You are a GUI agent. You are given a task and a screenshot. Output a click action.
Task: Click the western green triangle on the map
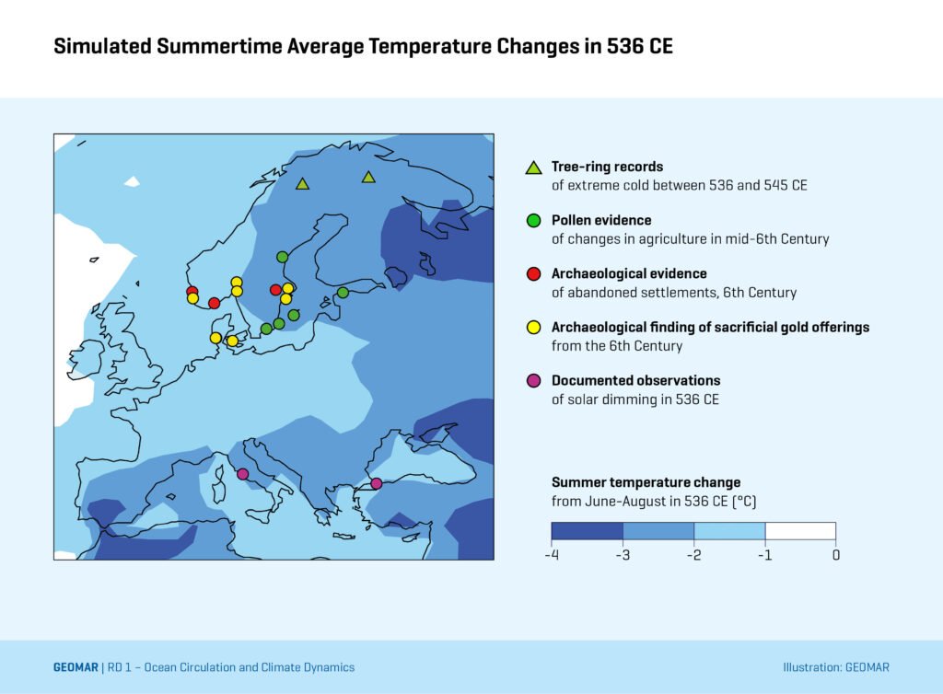pos(302,184)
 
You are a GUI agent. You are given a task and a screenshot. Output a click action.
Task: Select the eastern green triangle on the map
pos(368,177)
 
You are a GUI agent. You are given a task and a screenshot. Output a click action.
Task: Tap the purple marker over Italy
pos(242,474)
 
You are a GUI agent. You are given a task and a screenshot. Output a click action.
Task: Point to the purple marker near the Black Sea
pos(376,484)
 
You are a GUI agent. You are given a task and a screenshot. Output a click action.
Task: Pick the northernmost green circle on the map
pos(283,257)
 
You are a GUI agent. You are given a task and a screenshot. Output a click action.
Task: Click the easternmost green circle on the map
pos(343,293)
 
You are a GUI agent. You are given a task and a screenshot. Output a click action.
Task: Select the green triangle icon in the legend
pos(532,168)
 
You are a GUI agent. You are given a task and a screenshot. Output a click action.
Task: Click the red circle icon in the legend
pos(532,274)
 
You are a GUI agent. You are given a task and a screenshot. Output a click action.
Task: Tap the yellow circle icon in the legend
pos(532,328)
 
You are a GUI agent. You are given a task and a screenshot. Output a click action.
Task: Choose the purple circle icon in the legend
pos(532,381)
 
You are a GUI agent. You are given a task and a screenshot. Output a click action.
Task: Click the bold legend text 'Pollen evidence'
pos(601,221)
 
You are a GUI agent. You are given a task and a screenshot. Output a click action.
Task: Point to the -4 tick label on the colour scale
pos(552,555)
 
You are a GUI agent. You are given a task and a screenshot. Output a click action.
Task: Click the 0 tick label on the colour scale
pos(835,555)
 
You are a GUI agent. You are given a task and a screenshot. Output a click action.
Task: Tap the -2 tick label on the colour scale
pos(693,555)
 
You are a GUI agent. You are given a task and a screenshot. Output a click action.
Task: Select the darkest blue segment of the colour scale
pos(587,531)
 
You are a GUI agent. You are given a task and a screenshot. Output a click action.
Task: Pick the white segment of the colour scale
pos(800,531)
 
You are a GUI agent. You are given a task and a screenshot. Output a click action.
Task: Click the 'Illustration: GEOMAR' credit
pos(835,667)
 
